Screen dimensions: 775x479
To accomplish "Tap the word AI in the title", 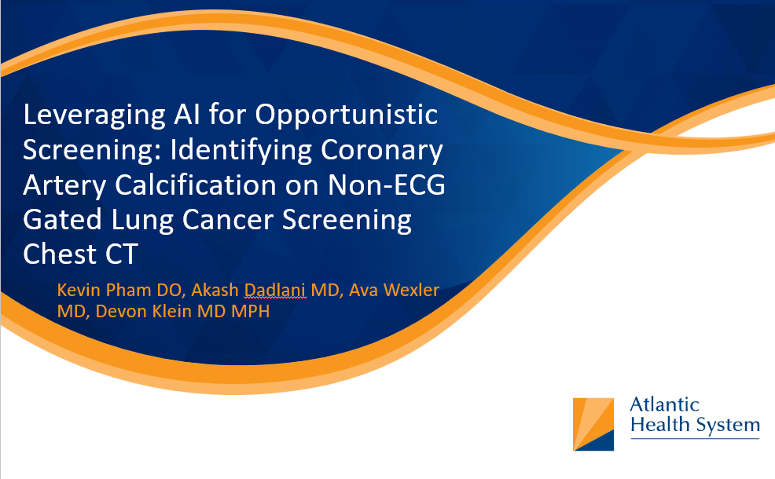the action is (x=187, y=114).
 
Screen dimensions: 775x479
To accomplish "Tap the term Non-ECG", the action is (x=387, y=185).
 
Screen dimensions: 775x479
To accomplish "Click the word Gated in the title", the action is (x=62, y=220).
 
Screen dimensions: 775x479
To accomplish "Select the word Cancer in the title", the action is (x=227, y=220).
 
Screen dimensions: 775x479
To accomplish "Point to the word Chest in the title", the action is (x=59, y=254).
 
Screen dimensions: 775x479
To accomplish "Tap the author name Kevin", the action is (x=79, y=290).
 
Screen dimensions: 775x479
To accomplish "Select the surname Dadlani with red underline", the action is (x=275, y=290).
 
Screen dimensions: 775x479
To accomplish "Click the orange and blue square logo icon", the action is (x=593, y=424).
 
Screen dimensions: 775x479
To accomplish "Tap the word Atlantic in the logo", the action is (x=664, y=404).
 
